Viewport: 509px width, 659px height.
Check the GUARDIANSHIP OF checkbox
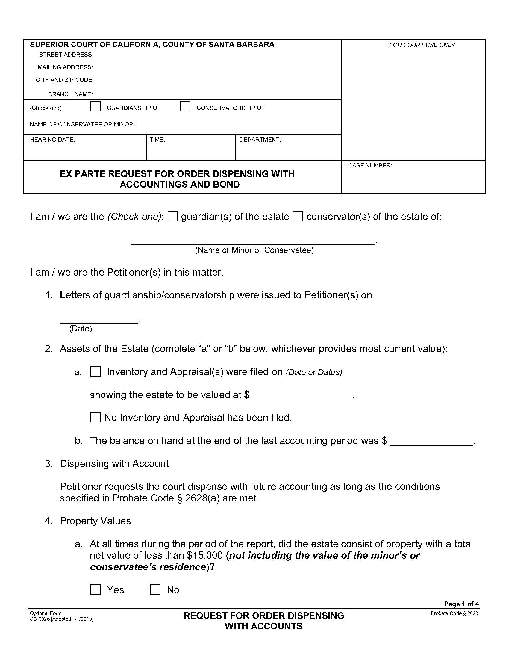[x=95, y=107]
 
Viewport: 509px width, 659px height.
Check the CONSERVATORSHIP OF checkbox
[x=185, y=107]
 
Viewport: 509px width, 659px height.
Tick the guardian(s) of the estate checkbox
[x=173, y=216]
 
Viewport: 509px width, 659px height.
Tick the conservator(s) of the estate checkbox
[x=298, y=216]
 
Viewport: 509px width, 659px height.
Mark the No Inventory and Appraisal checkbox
[x=95, y=417]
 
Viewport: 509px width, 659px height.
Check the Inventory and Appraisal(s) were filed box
[x=95, y=371]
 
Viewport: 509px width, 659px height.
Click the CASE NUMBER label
[x=370, y=165]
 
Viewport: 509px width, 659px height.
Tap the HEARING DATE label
[x=52, y=140]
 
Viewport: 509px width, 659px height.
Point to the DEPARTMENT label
[x=260, y=140]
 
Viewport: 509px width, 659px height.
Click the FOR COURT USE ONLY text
[x=422, y=45]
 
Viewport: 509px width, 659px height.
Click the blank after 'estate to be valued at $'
[x=302, y=396]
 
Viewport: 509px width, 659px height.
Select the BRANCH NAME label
[x=70, y=94]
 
